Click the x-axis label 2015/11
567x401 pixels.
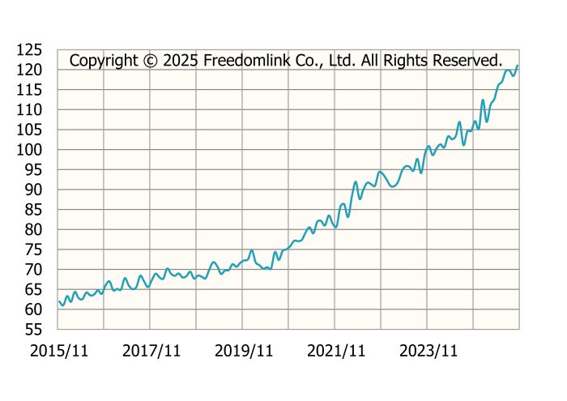point(58,351)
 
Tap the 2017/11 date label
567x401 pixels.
point(151,351)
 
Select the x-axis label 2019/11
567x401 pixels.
point(243,351)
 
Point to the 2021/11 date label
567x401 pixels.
point(335,351)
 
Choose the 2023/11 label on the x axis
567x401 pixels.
point(428,351)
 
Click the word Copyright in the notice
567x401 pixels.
point(104,61)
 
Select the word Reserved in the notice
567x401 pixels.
point(468,61)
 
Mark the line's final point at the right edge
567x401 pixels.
point(518,66)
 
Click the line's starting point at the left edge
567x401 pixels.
point(58,301)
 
